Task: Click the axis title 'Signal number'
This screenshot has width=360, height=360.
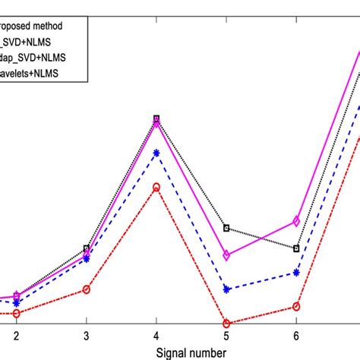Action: [191, 352]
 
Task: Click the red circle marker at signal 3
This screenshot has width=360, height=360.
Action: [86, 289]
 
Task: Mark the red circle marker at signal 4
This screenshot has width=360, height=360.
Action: [156, 187]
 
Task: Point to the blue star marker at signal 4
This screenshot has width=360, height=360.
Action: [156, 153]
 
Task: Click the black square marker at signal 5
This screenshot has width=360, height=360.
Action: [226, 228]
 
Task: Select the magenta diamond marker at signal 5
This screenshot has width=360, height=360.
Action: [226, 255]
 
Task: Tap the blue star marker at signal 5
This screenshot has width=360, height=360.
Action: [226, 289]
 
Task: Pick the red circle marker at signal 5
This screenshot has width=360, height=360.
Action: [226, 324]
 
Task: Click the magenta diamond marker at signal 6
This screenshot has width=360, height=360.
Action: [296, 221]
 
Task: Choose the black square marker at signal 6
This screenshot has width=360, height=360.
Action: [296, 248]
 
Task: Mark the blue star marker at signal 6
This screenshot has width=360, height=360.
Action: [296, 272]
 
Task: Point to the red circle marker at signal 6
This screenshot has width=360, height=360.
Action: [296, 307]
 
